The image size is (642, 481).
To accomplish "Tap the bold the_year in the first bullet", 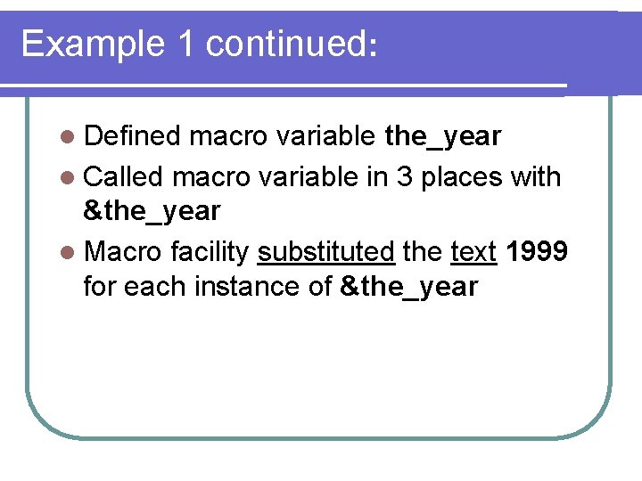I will [442, 136].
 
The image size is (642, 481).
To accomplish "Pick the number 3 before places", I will [403, 176].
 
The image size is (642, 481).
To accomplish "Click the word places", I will [461, 178].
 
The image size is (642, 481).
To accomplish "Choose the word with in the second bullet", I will [535, 176].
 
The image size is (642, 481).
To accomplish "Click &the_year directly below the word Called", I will [151, 211].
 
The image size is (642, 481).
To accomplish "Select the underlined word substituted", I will [325, 253].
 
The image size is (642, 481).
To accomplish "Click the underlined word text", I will [473, 253].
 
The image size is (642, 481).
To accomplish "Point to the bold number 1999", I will [535, 252].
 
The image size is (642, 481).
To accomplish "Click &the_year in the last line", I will [409, 287].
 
